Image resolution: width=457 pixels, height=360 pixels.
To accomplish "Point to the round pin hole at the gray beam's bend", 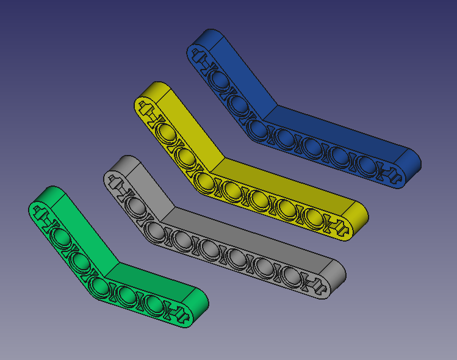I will [156, 231].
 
